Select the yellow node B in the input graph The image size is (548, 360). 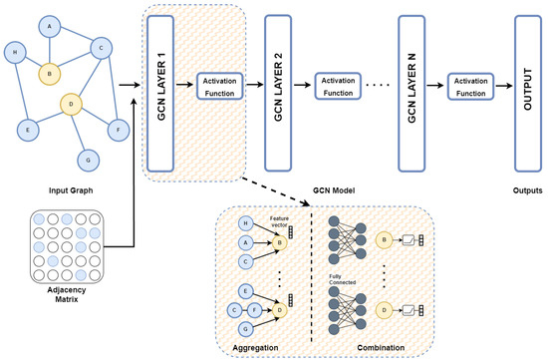pos(45,72)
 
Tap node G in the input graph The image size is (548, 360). pos(88,160)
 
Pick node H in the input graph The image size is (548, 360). pos(14,52)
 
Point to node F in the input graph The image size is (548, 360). pos(117,128)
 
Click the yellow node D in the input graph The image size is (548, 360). pos(71,103)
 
